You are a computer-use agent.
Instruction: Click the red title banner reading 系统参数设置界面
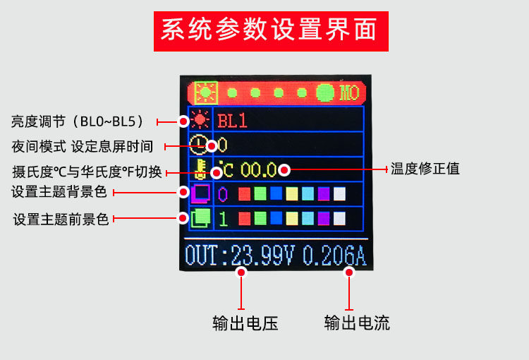point(271,30)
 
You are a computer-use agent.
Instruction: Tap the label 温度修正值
point(425,169)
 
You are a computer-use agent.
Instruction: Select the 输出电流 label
point(357,323)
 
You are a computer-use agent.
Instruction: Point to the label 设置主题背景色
point(59,191)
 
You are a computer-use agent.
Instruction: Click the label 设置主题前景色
point(61,220)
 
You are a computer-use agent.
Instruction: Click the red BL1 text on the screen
point(232,121)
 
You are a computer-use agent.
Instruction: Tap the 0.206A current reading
point(334,255)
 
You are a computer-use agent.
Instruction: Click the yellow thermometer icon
point(201,169)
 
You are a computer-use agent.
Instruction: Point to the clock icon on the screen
point(200,145)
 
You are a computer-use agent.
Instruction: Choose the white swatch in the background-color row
point(339,193)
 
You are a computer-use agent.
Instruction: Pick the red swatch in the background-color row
point(244,193)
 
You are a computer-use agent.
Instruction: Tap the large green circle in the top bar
point(326,92)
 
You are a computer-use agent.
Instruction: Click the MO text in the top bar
point(349,92)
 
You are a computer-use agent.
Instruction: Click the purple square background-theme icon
point(201,193)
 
